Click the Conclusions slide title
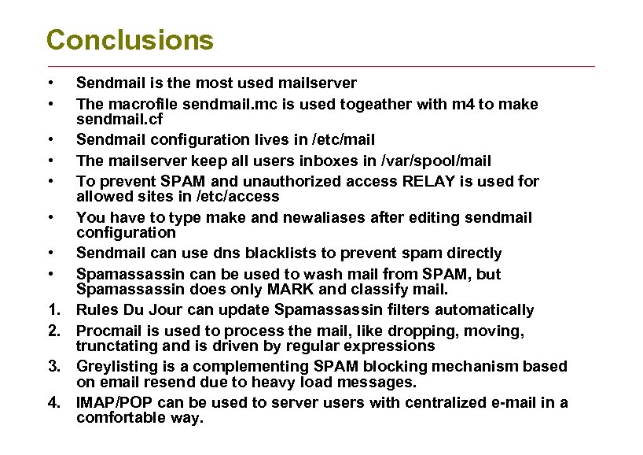(130, 40)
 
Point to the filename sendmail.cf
(116, 119)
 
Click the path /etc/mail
(344, 140)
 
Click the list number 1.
(53, 310)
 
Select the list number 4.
(53, 403)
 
